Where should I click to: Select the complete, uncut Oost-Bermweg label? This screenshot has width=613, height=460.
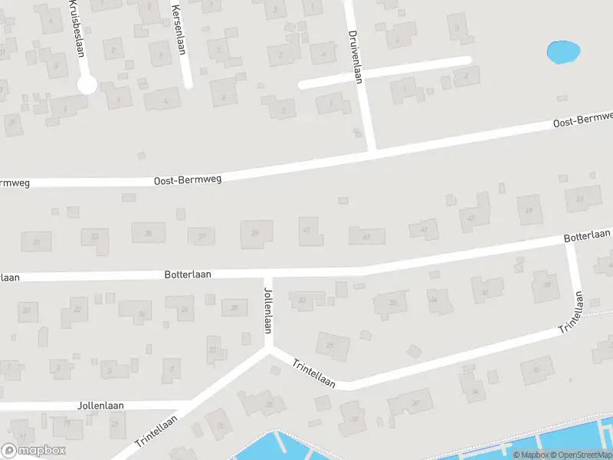[188, 180]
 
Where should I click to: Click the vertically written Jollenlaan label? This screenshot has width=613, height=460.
[267, 310]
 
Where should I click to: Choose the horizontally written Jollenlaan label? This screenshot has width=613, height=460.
[100, 405]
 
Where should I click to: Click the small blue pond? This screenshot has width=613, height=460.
[563, 52]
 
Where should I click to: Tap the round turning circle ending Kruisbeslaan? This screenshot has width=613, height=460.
[87, 84]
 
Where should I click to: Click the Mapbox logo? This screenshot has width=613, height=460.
[33, 451]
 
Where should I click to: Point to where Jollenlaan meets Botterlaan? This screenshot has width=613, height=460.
[267, 274]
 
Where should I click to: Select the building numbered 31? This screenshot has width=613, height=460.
[36, 242]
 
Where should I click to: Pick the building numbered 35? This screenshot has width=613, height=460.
[149, 233]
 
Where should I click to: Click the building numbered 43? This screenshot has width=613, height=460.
[366, 235]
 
